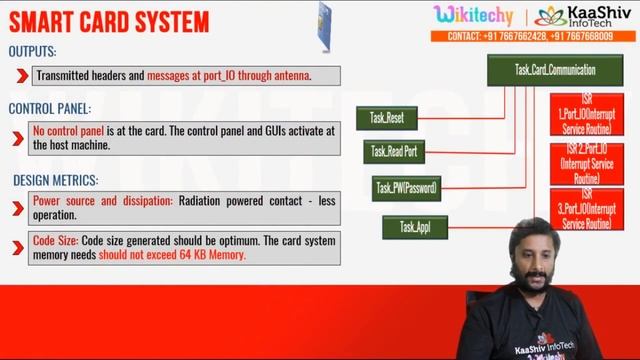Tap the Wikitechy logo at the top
(474, 15)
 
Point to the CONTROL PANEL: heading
(49, 108)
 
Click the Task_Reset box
(386, 118)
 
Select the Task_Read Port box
(395, 151)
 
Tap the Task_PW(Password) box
(406, 188)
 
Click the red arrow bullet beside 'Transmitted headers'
(21, 75)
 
